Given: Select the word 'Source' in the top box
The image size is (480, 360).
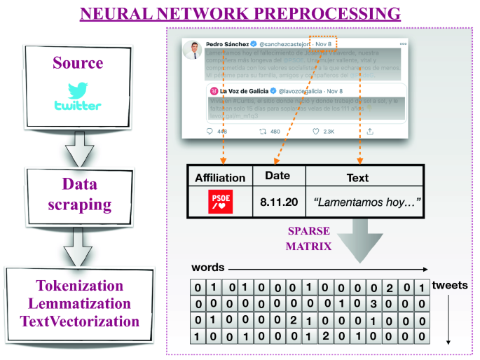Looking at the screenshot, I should tap(77, 63).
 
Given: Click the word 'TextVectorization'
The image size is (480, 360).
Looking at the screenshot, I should tap(78, 321).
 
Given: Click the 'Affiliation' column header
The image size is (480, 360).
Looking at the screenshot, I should tap(219, 178).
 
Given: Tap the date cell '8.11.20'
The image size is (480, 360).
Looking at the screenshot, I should tap(278, 202).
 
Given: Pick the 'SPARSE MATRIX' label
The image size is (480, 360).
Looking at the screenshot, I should tap(308, 239).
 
